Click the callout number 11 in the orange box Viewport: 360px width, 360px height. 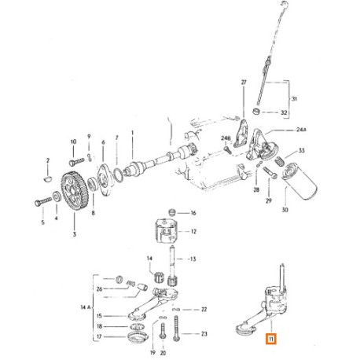tap(271, 340)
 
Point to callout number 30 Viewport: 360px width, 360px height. tap(285, 211)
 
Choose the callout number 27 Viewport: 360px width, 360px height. tap(244, 82)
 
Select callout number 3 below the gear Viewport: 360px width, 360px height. tap(74, 234)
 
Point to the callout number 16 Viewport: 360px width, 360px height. tap(193, 213)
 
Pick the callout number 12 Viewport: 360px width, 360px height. tap(193, 233)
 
